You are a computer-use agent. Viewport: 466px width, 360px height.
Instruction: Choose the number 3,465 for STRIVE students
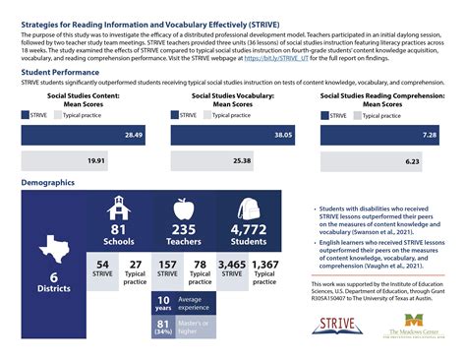(x=234, y=265)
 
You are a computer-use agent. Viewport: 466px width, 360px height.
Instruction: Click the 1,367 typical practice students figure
(x=265, y=265)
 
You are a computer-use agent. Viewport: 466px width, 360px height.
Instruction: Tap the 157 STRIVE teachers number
(x=169, y=265)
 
